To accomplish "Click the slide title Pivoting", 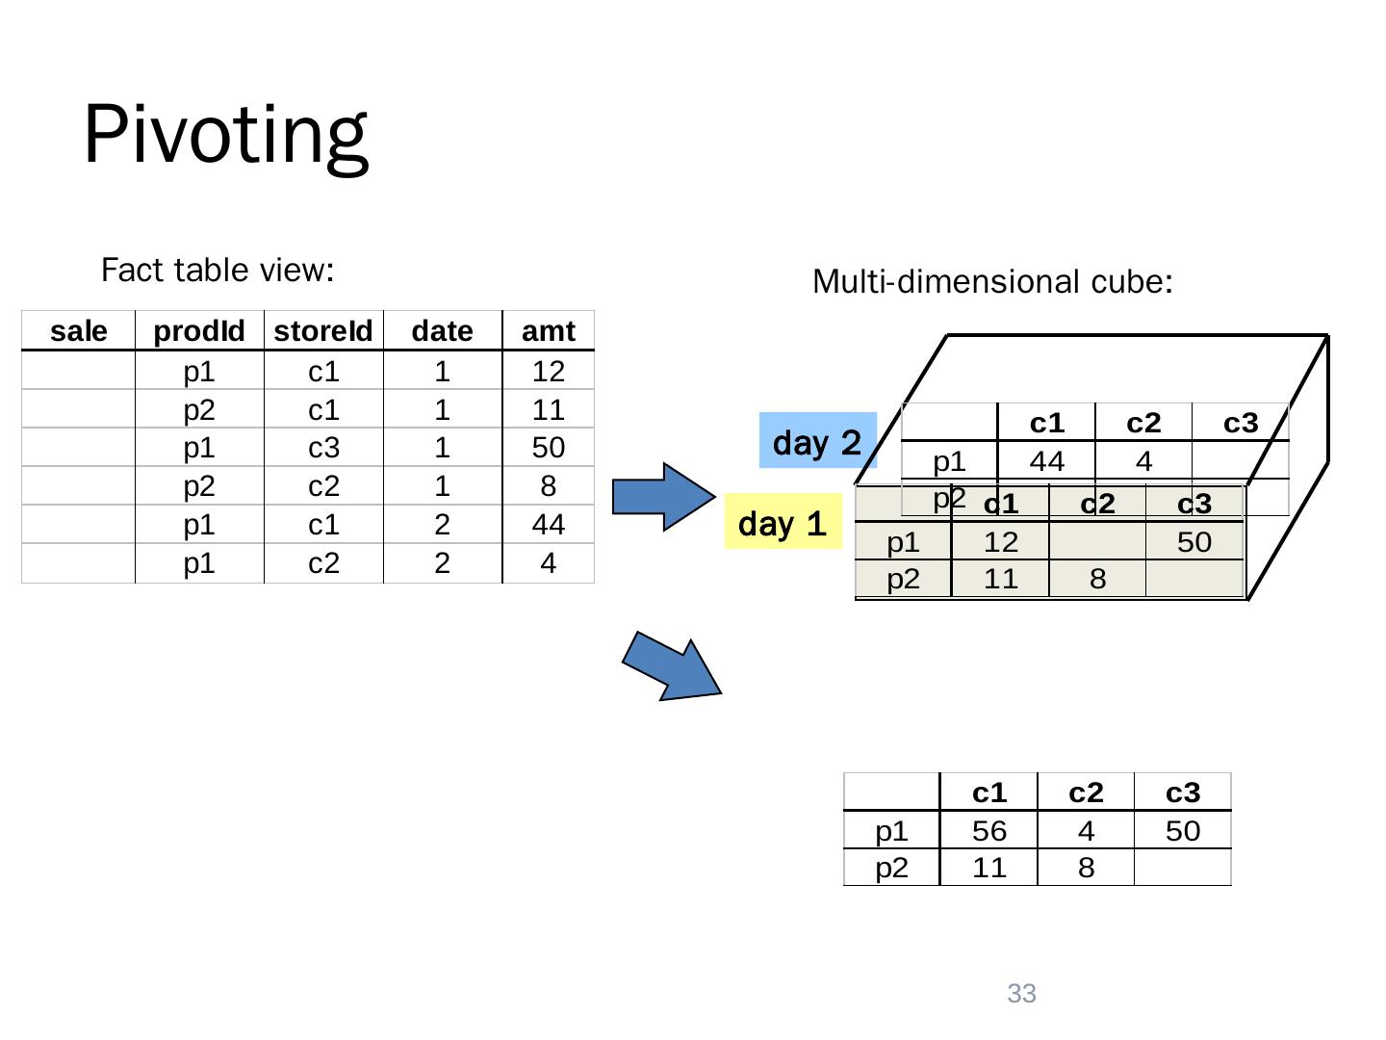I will (225, 135).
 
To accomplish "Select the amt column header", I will (548, 331).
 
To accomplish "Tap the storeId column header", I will (323, 331).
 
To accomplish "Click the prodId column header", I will (199, 331).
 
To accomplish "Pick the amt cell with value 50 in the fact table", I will (548, 448).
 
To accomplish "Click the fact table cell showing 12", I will (548, 371).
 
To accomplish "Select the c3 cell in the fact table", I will (323, 448).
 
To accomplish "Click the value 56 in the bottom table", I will (989, 831).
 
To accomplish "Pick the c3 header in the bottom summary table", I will (1183, 793).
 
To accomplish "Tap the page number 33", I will (1021, 994).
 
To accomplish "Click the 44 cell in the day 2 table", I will (1047, 462).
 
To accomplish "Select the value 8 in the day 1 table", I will (1097, 579).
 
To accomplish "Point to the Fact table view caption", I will (218, 271).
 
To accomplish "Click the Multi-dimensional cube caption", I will (992, 282).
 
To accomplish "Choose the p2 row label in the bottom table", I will (891, 868).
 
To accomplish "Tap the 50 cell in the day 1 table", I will (1194, 543).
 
